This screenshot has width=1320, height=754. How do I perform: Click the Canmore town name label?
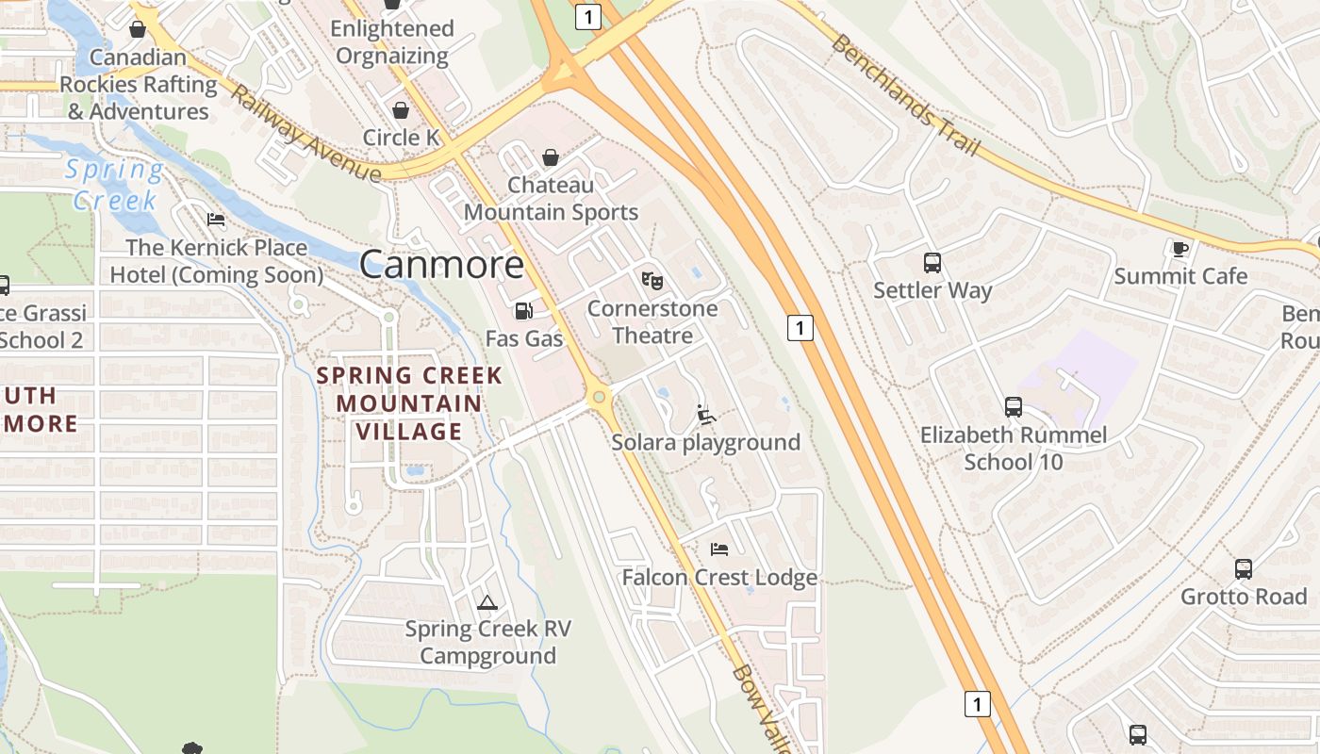441,264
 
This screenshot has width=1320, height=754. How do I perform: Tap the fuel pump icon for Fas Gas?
523,310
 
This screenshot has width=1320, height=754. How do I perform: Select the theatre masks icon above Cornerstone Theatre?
652,280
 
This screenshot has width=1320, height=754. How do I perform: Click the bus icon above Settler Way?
932,263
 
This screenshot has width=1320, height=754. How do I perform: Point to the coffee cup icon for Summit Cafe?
1180,249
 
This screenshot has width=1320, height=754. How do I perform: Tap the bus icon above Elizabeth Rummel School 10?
1014,407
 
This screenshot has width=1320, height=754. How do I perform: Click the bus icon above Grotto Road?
1244,569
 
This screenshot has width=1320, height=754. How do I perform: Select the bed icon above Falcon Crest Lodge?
719,549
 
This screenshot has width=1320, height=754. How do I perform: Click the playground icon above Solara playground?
705,414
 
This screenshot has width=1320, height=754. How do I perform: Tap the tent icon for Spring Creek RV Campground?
487,602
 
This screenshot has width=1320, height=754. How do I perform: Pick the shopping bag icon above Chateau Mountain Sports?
551,157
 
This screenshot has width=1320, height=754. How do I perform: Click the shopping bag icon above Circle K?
401,110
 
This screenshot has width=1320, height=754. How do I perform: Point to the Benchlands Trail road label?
906,96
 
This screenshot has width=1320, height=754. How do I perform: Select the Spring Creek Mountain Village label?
409,403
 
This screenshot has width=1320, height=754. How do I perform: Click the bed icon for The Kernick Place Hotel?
216,221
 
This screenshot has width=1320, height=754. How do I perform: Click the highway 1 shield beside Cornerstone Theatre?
800,328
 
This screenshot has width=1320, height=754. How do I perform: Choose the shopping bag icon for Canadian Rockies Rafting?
138,29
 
